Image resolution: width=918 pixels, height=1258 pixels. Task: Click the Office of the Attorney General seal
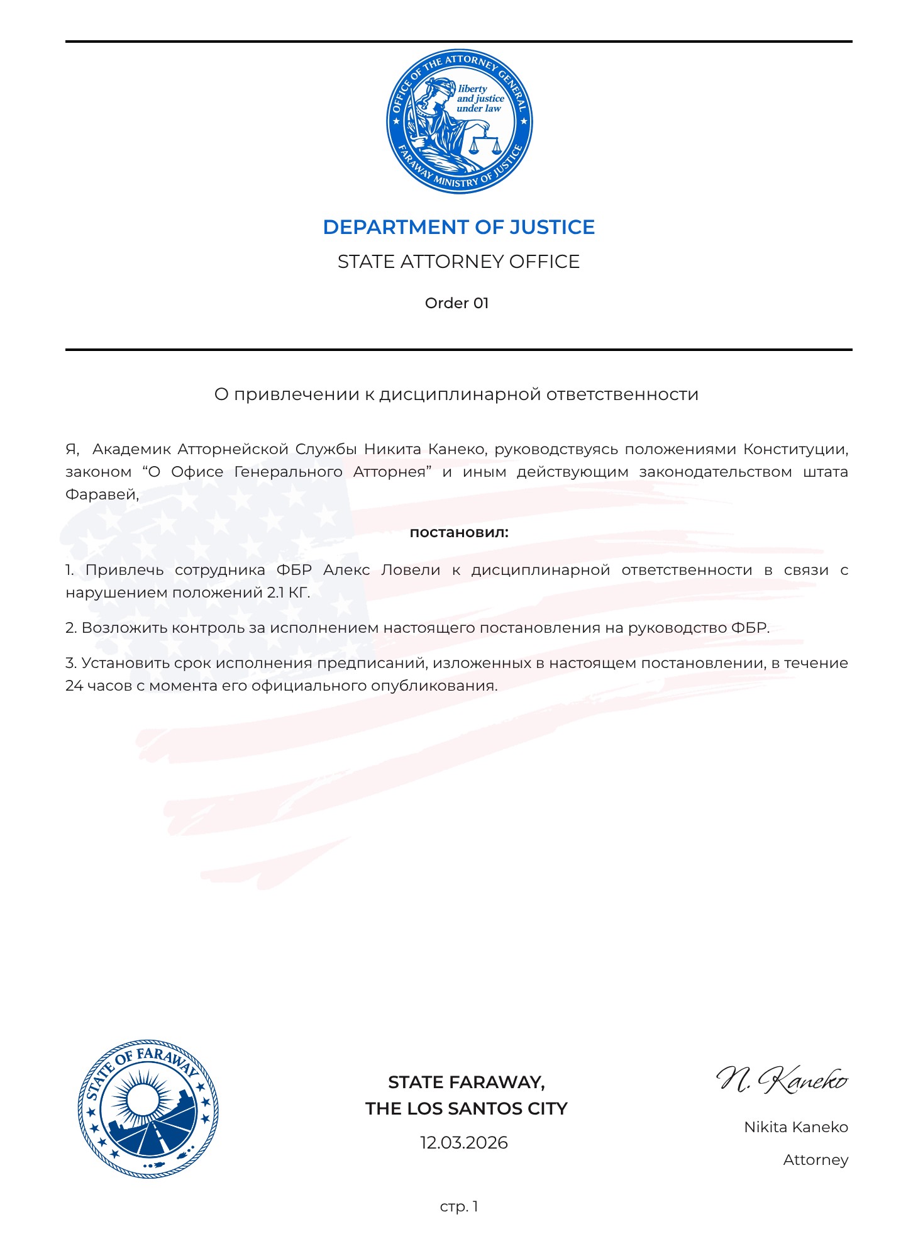pyautogui.click(x=459, y=122)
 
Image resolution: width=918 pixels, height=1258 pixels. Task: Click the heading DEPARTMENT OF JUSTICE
pyautogui.click(x=458, y=227)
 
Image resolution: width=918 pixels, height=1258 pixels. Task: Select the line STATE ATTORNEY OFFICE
pyautogui.click(x=458, y=262)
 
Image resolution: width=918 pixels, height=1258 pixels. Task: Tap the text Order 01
pyautogui.click(x=456, y=303)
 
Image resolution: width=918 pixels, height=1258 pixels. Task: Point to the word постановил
pyautogui.click(x=458, y=533)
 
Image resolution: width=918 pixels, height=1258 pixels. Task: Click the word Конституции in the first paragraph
pyautogui.click(x=795, y=449)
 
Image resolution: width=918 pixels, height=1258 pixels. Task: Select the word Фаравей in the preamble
pyautogui.click(x=101, y=494)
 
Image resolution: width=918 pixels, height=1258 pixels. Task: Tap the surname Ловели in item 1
pyautogui.click(x=411, y=570)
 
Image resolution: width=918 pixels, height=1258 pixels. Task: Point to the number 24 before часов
pyautogui.click(x=74, y=686)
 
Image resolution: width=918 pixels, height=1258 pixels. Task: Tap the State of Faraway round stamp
pyautogui.click(x=148, y=1108)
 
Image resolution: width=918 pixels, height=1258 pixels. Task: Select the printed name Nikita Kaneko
pyautogui.click(x=795, y=1127)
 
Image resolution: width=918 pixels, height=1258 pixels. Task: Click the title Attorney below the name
pyautogui.click(x=816, y=1160)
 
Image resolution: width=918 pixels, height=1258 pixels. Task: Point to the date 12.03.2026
pyautogui.click(x=463, y=1143)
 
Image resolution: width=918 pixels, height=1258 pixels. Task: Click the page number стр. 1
pyautogui.click(x=459, y=1206)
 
